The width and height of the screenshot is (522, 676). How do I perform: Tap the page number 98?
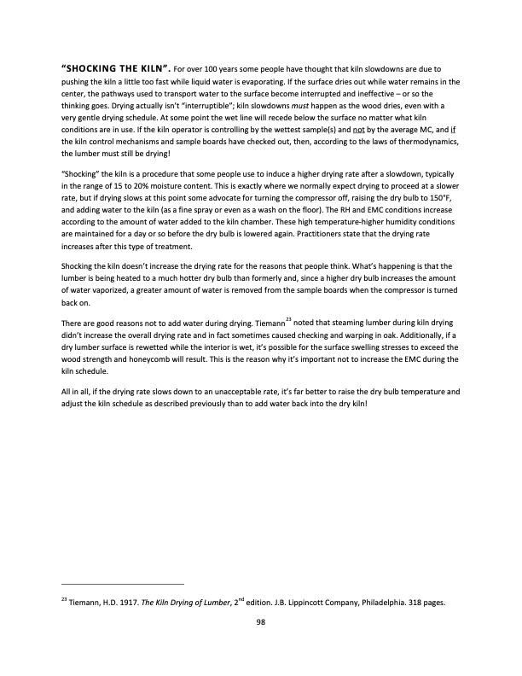[x=262, y=622]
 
